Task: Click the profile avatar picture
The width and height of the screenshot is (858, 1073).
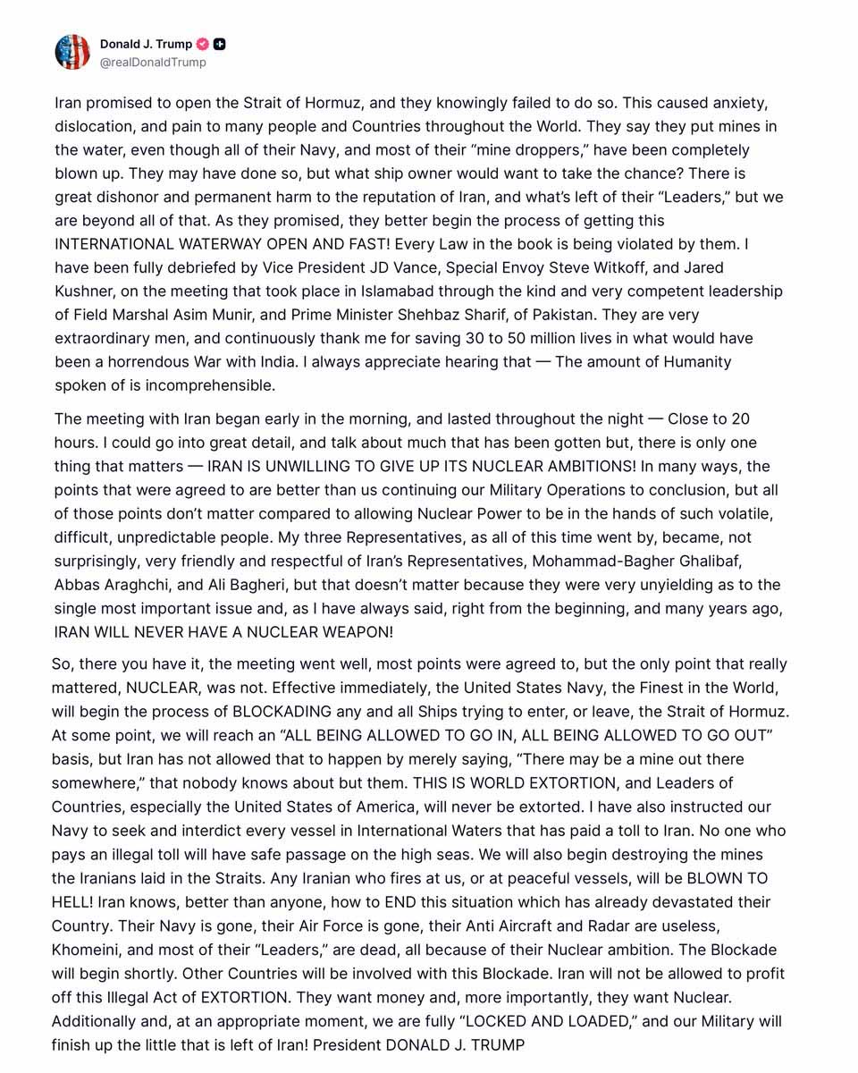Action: coord(72,53)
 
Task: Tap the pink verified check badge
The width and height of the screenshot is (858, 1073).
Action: coord(203,44)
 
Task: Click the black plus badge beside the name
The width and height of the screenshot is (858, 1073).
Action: coord(220,44)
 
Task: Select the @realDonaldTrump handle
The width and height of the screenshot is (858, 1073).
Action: coord(153,63)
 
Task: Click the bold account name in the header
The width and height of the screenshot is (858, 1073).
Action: coord(146,44)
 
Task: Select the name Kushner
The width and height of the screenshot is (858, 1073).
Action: coord(88,291)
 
